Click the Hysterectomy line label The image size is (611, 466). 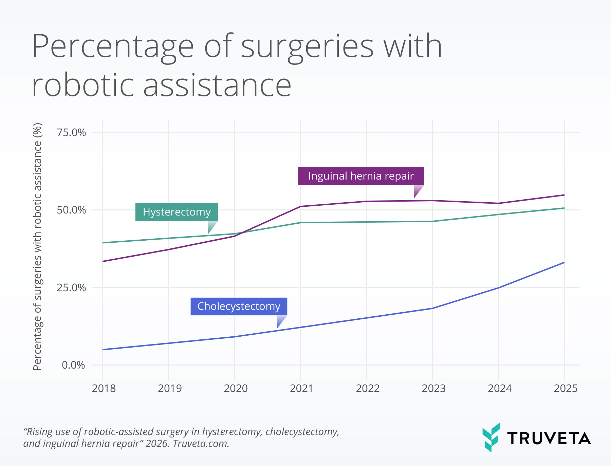tap(177, 212)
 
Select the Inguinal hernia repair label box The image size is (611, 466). tap(361, 176)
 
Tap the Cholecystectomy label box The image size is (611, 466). tap(239, 306)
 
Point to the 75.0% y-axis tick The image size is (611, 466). tap(71, 132)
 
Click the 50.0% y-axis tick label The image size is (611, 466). tap(71, 210)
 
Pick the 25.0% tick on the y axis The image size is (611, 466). tap(71, 288)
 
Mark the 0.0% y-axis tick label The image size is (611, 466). tap(73, 365)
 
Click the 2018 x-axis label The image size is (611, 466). tap(104, 388)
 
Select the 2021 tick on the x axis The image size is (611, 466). tap(301, 388)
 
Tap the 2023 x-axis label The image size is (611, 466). tap(433, 388)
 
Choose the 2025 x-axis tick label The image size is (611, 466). tap(565, 388)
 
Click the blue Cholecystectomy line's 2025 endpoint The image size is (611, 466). tap(564, 262)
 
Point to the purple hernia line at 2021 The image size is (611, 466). tap(301, 206)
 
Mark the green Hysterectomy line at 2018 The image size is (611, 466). tap(103, 243)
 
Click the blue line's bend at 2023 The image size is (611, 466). tap(432, 308)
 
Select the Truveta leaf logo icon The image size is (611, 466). tap(491, 437)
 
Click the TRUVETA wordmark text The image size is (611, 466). tap(549, 439)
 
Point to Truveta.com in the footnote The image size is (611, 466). tap(201, 444)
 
